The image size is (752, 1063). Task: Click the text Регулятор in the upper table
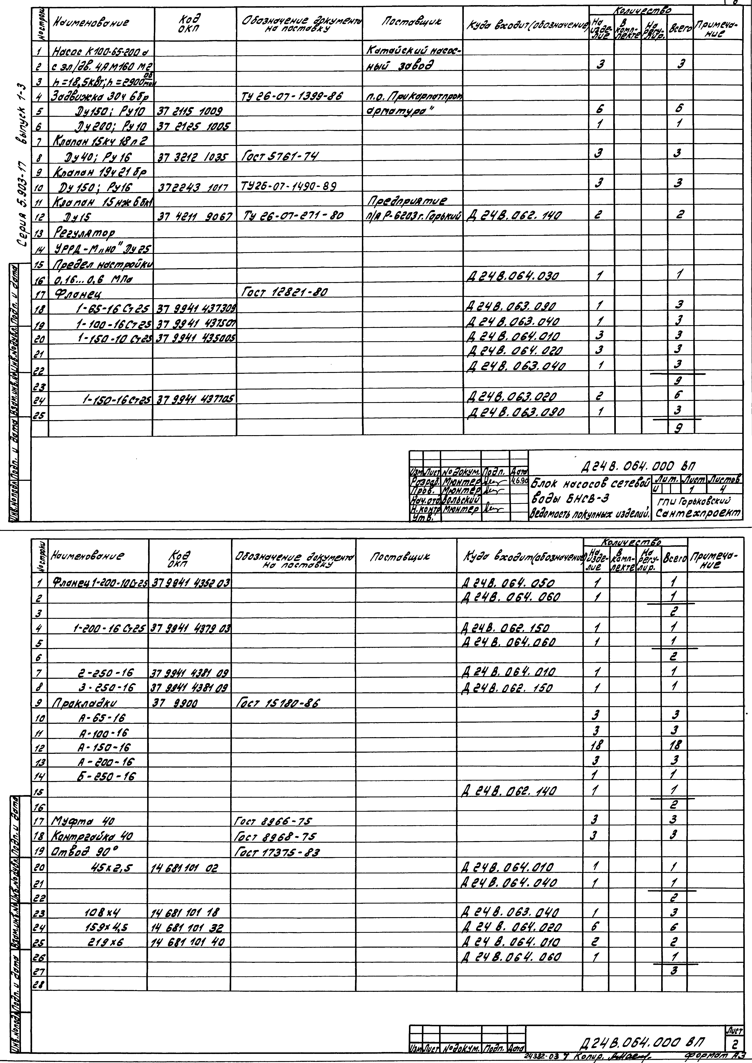pyautogui.click(x=85, y=232)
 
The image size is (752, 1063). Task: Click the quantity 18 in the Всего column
pyautogui.click(x=676, y=746)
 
